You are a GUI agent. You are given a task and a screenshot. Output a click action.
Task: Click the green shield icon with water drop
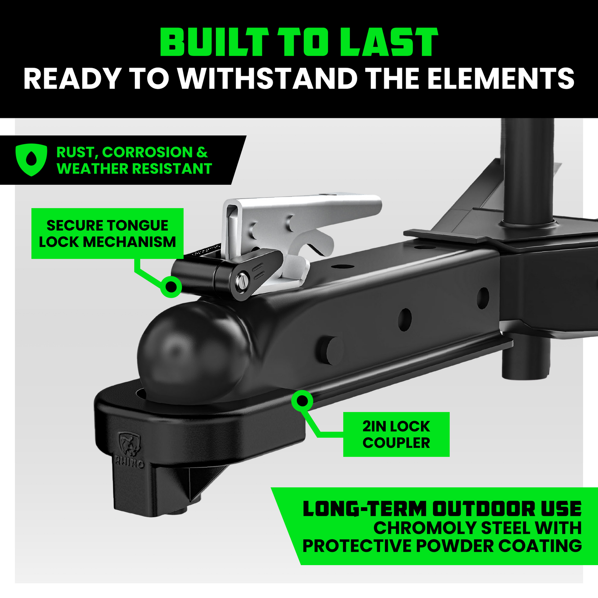[x=31, y=159]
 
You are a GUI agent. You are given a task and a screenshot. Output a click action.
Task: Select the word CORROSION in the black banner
[x=147, y=152]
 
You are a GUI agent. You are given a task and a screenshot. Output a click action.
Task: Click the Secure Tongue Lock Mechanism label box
[x=107, y=234]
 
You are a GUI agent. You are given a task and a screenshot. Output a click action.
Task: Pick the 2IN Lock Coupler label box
[x=396, y=434]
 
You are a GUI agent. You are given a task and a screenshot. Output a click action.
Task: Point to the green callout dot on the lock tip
[x=171, y=286]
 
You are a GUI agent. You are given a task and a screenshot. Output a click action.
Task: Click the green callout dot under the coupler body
[x=302, y=401]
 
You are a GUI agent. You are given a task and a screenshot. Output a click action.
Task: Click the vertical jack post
[x=528, y=173]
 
